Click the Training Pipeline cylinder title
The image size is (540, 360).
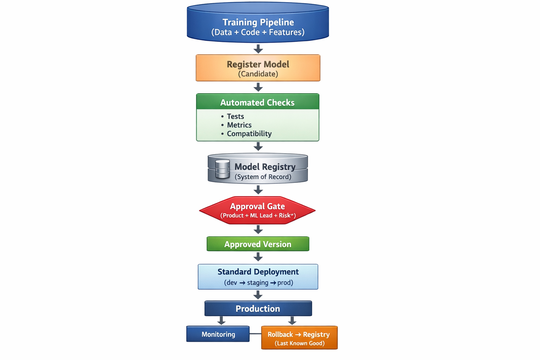[x=258, y=22]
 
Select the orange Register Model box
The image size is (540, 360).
[x=258, y=68]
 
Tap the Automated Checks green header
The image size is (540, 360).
[x=257, y=102]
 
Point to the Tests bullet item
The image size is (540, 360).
[x=235, y=116]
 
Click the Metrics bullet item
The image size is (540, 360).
[x=239, y=125]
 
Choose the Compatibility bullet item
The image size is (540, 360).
[x=249, y=134]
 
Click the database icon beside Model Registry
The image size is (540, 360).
[x=222, y=169]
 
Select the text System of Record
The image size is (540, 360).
[x=263, y=177]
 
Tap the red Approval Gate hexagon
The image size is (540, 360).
[x=257, y=210]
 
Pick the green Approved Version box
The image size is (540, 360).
[x=258, y=244]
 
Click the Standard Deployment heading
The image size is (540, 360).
[x=258, y=272]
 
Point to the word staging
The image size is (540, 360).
[x=258, y=283]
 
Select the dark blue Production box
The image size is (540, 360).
[x=258, y=309]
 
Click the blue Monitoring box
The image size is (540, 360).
[x=218, y=334]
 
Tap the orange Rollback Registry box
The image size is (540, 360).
[x=299, y=337]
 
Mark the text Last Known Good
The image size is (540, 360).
[x=300, y=343]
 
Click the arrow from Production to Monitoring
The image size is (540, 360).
[x=221, y=320]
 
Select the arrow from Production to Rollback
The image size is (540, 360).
[x=292, y=320]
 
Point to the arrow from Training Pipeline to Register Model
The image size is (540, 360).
[x=258, y=49]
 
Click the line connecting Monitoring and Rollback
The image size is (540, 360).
[x=255, y=333]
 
